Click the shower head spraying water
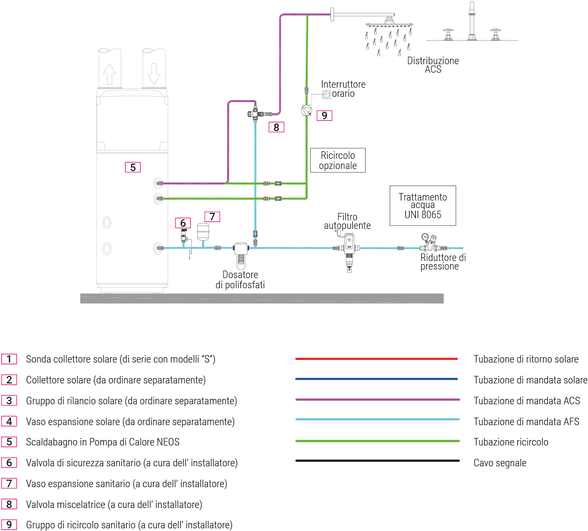pyautogui.click(x=389, y=25)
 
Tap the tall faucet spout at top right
pyautogui.click(x=472, y=21)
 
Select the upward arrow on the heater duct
pyautogui.click(x=110, y=73)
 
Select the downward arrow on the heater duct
pyautogui.click(x=154, y=73)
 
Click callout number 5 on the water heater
pyautogui.click(x=133, y=167)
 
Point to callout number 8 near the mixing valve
pyautogui.click(x=276, y=127)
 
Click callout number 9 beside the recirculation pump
pyautogui.click(x=324, y=115)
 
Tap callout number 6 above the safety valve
pyautogui.click(x=183, y=222)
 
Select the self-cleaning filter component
pyautogui.click(x=348, y=250)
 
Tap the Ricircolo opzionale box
pyautogui.click(x=338, y=160)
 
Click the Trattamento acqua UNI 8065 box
pyautogui.click(x=423, y=206)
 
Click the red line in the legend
pyautogui.click(x=376, y=359)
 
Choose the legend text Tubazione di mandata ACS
pyautogui.click(x=527, y=401)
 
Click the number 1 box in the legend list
pyautogui.click(x=9, y=359)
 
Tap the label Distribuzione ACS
pyautogui.click(x=433, y=65)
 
